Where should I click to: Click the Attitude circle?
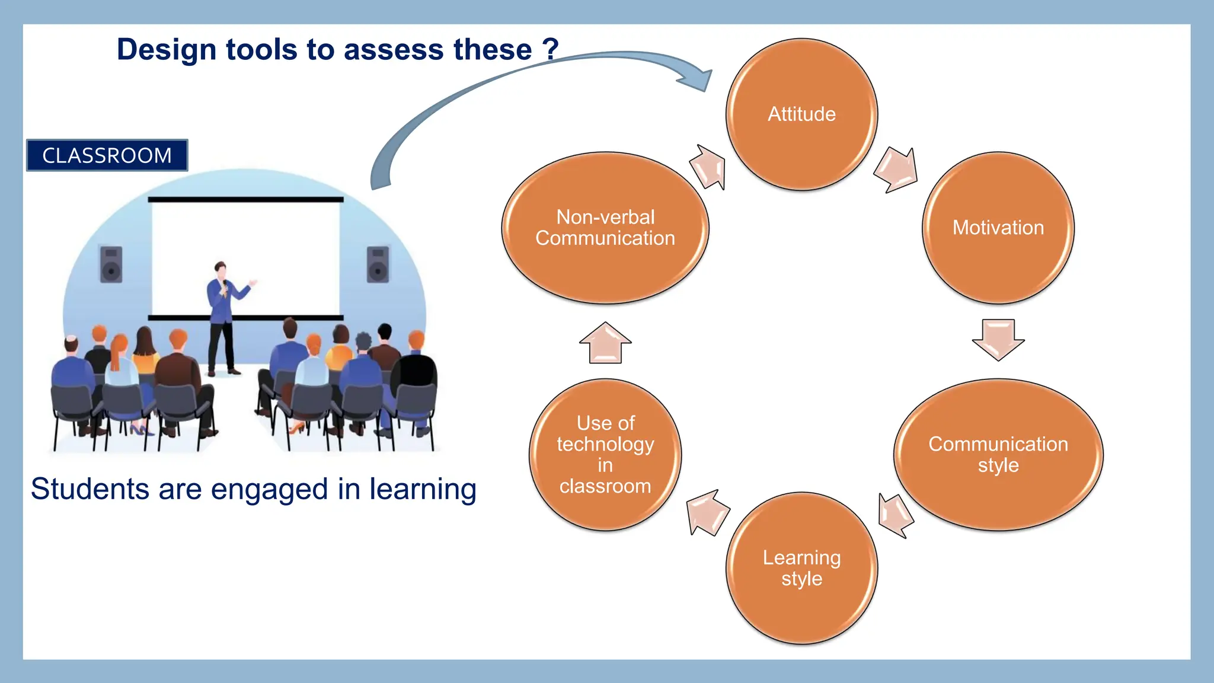(801, 114)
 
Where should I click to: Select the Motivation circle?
(998, 228)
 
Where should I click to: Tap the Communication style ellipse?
(998, 455)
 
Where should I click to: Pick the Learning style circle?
(801, 568)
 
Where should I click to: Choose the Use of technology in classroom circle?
(605, 455)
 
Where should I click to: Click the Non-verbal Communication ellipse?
(605, 228)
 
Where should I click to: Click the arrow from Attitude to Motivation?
(897, 170)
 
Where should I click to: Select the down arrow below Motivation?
(998, 339)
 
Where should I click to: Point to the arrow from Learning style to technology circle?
(707, 512)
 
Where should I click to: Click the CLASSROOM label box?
(107, 155)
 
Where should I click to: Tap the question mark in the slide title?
(551, 49)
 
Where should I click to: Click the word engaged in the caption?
(269, 490)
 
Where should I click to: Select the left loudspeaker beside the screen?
(111, 264)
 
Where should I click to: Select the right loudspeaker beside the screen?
(378, 264)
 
